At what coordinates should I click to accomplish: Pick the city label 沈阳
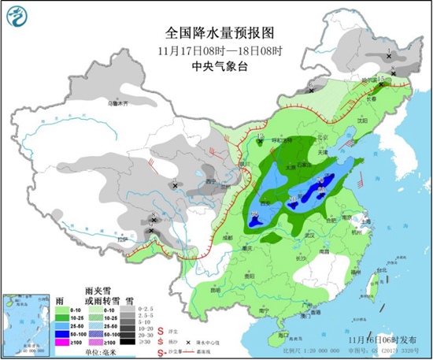click(x=361, y=121)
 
